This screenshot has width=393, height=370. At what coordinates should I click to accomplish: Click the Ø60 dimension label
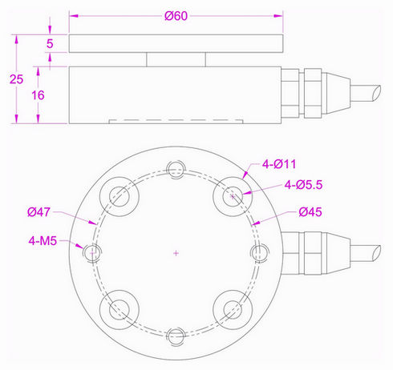point(176,16)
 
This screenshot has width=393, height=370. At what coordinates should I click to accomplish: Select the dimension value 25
point(16,79)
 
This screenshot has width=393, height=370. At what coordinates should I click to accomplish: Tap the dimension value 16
point(38,95)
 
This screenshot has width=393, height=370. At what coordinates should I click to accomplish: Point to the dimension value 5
point(50,43)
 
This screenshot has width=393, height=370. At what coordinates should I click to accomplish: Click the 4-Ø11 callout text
point(279,164)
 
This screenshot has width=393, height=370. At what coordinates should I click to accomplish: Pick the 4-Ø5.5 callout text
point(303,185)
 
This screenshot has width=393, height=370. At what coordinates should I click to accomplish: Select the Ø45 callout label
point(310,212)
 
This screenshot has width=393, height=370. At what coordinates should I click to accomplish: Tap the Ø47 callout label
point(38,212)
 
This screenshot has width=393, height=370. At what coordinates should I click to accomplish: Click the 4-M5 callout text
point(43,241)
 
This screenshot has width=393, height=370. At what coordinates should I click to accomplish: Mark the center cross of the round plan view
point(176,253)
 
